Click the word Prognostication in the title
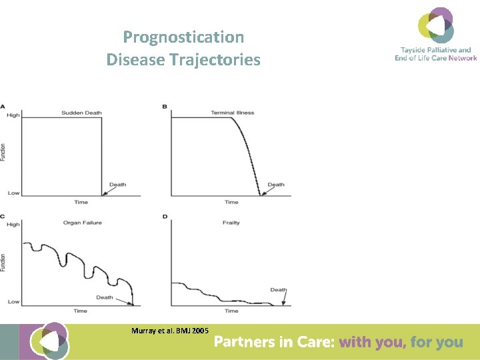click(x=183, y=37)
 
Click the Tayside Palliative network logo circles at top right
click(x=436, y=25)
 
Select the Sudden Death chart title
click(x=81, y=113)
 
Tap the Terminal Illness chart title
click(x=232, y=113)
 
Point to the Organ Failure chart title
click(x=82, y=223)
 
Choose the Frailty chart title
click(x=231, y=223)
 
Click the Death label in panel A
click(x=117, y=185)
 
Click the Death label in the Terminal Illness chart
click(x=275, y=185)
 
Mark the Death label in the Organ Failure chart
click(x=105, y=297)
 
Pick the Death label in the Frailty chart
click(x=278, y=290)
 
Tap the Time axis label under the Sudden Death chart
click(x=81, y=202)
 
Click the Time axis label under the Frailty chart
click(x=231, y=311)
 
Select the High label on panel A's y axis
click(x=13, y=116)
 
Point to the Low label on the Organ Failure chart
click(x=13, y=302)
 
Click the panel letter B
click(x=165, y=107)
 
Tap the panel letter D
click(x=165, y=216)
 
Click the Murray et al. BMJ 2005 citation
click(x=170, y=331)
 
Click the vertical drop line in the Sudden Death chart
click(x=101, y=157)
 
